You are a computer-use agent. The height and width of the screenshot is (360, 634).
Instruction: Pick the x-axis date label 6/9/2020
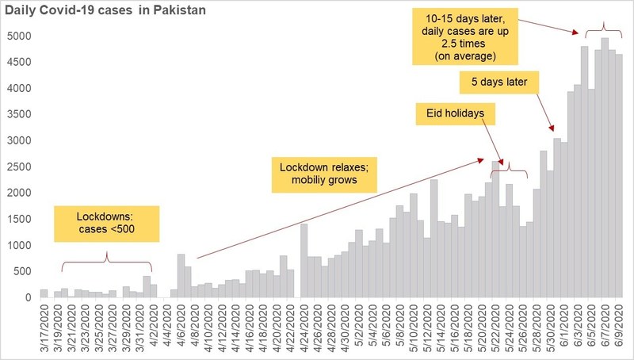point(619,327)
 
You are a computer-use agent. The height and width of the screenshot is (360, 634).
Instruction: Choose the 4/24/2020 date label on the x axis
point(304,329)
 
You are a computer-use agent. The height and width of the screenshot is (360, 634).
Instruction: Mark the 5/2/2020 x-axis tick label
point(359,327)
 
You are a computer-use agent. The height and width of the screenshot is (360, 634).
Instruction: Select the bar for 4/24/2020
point(304,261)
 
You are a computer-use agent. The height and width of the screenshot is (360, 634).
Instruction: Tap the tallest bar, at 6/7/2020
point(605,167)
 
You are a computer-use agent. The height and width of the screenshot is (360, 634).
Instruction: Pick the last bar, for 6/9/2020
point(619,175)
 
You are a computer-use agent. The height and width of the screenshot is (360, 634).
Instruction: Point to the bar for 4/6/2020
point(181,276)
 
